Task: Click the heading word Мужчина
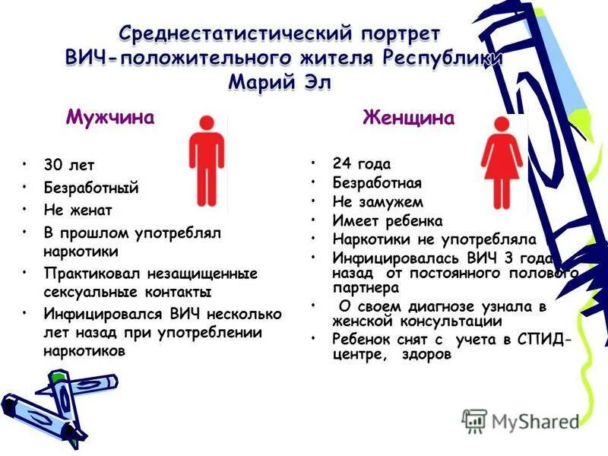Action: [x=111, y=117]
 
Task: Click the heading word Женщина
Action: [x=409, y=118]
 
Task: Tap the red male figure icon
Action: [x=207, y=160]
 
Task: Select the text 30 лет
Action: [x=69, y=165]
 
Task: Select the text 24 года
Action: [x=362, y=163]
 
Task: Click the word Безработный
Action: [x=90, y=187]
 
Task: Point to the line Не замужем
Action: [x=378, y=201]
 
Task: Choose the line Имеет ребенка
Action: [x=387, y=220]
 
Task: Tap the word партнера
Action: [x=366, y=289]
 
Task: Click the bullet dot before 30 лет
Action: [x=27, y=163]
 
